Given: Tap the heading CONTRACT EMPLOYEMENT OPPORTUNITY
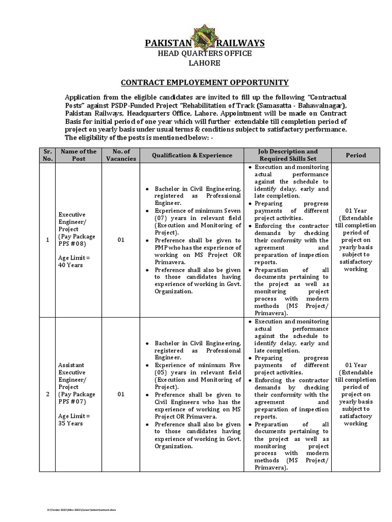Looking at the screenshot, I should (x=204, y=82).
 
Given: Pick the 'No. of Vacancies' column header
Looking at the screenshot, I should (x=121, y=155).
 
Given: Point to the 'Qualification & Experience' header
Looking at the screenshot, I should (x=191, y=155).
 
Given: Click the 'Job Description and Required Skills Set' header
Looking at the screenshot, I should (x=287, y=155).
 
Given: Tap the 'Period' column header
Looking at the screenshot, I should (x=355, y=155).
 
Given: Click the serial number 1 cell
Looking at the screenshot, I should (x=46, y=240).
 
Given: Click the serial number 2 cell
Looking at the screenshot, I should (x=46, y=395).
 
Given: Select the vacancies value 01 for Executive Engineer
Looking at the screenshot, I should (x=121, y=240).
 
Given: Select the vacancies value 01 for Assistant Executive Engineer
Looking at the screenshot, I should (x=121, y=395).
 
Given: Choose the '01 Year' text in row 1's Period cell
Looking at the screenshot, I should (x=355, y=211).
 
